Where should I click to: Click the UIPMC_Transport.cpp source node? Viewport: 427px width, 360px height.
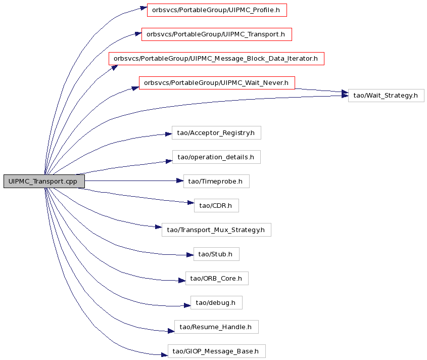[44, 181]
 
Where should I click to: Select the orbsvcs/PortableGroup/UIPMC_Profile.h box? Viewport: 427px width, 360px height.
[217, 10]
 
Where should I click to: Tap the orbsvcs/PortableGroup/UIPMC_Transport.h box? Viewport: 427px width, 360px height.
[216, 34]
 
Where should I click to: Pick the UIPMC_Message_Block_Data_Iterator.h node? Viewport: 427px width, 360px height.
[216, 59]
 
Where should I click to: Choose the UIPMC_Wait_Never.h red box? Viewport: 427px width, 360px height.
[217, 83]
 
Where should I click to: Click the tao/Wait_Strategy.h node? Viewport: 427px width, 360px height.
[386, 96]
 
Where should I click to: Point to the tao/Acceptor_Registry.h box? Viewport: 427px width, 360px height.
[216, 132]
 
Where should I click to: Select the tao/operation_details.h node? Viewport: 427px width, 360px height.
[216, 157]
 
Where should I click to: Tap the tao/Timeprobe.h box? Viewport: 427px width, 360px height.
[216, 181]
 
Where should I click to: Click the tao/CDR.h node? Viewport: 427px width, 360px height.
[216, 205]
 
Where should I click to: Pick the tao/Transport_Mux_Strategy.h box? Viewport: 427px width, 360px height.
[216, 230]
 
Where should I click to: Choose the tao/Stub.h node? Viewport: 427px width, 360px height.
[216, 254]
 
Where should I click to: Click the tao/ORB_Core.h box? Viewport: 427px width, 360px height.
[217, 278]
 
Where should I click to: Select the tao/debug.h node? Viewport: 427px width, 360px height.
[216, 302]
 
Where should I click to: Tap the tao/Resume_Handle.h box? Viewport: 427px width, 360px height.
[216, 327]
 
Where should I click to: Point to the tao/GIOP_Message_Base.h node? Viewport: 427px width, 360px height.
[216, 351]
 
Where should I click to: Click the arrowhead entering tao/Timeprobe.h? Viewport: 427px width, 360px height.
[180, 181]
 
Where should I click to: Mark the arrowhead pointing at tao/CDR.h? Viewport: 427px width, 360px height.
[191, 203]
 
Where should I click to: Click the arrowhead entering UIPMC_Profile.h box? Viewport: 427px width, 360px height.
[144, 8]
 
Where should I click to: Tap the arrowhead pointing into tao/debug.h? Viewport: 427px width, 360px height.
[187, 305]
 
